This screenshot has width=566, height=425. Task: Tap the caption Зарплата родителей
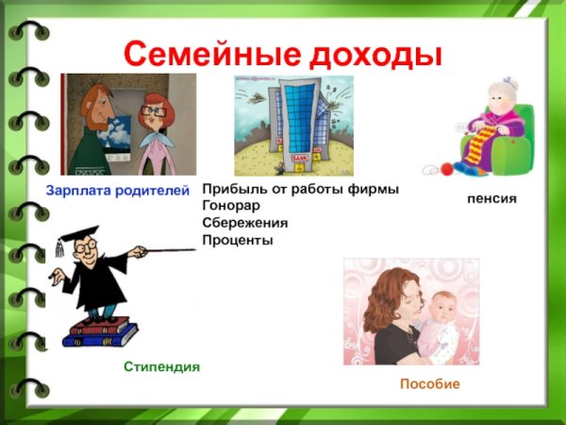[118, 191]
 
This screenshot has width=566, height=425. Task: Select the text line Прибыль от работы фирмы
[300, 190]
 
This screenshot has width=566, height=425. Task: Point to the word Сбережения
[244, 223]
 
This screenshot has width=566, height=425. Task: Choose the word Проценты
[237, 240]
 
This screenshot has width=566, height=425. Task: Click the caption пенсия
[491, 200]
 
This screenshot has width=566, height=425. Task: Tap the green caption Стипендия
[161, 365]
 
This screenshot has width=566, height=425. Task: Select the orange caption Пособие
[429, 384]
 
